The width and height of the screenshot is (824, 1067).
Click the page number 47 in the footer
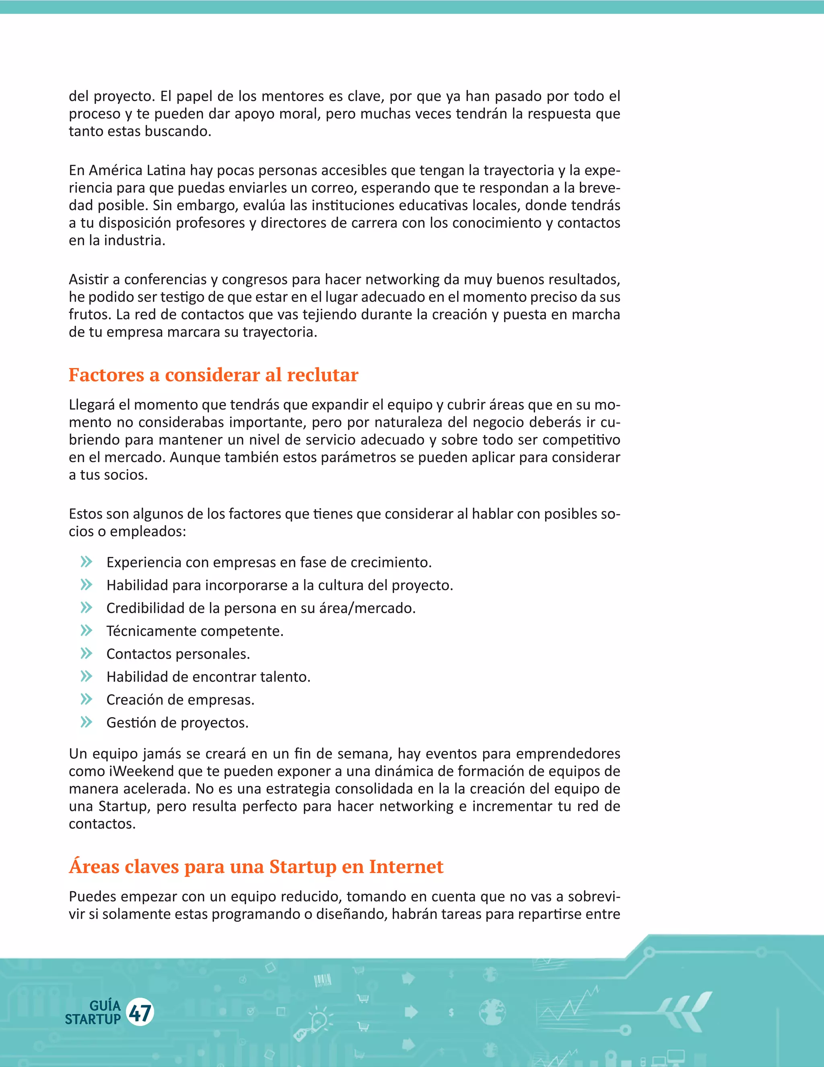[x=140, y=1012]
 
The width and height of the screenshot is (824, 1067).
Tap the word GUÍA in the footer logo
[x=105, y=1005]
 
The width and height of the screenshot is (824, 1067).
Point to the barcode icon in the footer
[x=322, y=980]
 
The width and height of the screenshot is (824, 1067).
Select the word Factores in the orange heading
[x=106, y=375]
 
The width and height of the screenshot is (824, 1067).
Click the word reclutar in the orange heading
[x=322, y=375]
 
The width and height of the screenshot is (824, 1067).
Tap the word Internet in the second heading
[x=406, y=866]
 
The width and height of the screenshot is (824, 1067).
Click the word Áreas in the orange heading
[x=94, y=866]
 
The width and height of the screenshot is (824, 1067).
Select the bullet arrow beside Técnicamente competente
[x=87, y=630]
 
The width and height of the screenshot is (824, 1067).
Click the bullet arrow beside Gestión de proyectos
[x=87, y=722]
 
